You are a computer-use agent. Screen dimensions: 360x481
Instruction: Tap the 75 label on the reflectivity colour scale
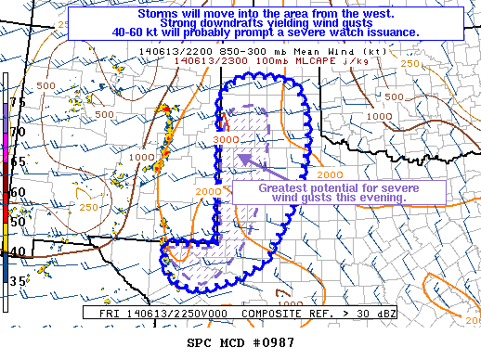(x=17, y=103)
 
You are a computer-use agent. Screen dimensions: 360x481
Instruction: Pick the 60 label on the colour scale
(x=17, y=192)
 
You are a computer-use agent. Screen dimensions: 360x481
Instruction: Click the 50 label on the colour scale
(x=17, y=222)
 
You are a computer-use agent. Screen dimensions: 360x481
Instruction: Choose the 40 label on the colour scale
(x=17, y=251)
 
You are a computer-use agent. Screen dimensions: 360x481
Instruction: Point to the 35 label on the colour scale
(x=17, y=281)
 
